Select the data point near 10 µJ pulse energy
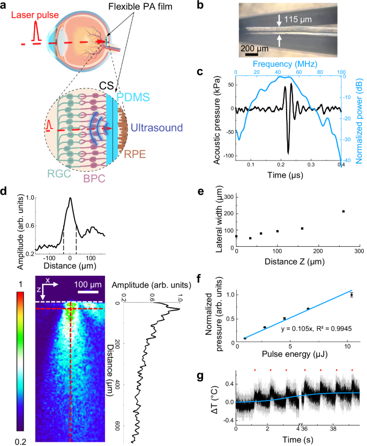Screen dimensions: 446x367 point(351,294)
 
